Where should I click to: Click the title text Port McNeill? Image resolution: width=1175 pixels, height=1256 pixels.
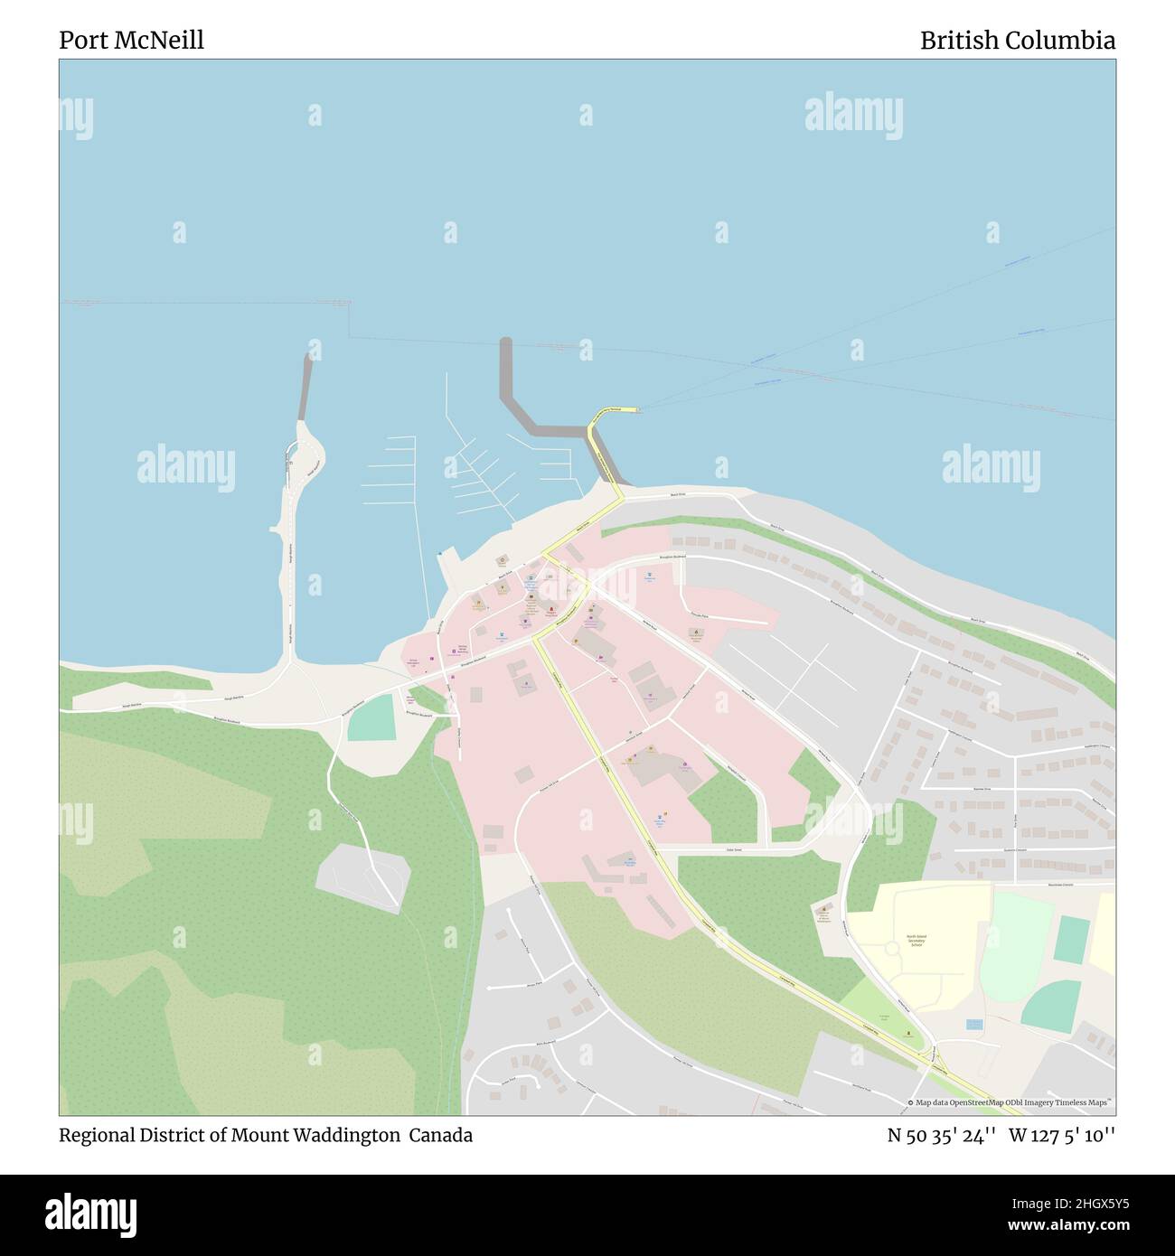click(x=131, y=40)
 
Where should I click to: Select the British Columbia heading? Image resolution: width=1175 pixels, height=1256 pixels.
click(x=1017, y=40)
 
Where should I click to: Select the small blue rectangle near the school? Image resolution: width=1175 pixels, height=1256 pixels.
click(x=973, y=1025)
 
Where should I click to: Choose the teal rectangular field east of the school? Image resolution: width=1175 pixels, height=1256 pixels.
click(x=1073, y=940)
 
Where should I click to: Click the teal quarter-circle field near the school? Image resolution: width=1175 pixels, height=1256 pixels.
click(x=1054, y=1005)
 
